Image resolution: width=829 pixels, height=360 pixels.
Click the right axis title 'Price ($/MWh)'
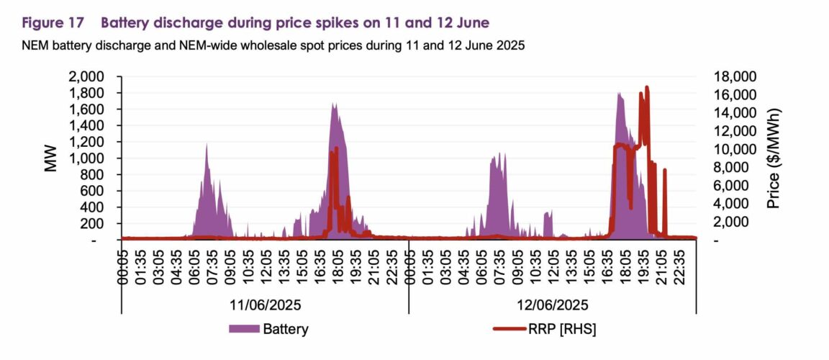click(774, 158)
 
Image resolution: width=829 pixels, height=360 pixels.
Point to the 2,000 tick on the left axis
click(89, 77)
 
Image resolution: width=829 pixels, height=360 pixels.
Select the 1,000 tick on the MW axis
click(89, 158)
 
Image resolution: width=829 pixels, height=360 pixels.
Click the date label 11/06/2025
click(265, 305)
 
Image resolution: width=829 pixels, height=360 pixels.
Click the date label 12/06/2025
click(553, 305)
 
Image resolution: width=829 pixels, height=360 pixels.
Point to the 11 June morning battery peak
click(207, 146)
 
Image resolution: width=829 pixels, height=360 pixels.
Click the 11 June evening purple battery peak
click(334, 104)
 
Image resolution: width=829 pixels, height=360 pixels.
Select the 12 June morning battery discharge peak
click(502, 154)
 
